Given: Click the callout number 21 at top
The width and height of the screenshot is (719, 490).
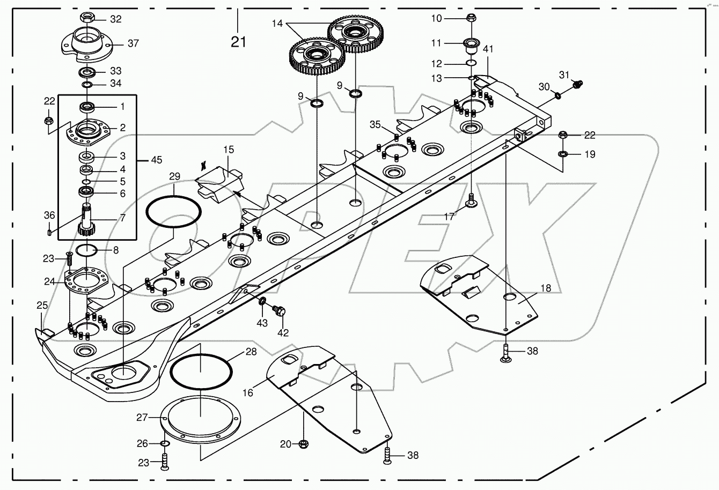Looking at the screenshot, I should [238, 41].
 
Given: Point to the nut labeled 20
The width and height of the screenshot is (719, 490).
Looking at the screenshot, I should [303, 444].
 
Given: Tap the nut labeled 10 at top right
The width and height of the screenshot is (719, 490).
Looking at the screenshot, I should [471, 17].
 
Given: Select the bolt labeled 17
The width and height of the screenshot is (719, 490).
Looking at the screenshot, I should [471, 201].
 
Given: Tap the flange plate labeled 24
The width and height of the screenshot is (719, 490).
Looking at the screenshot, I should [86, 280].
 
